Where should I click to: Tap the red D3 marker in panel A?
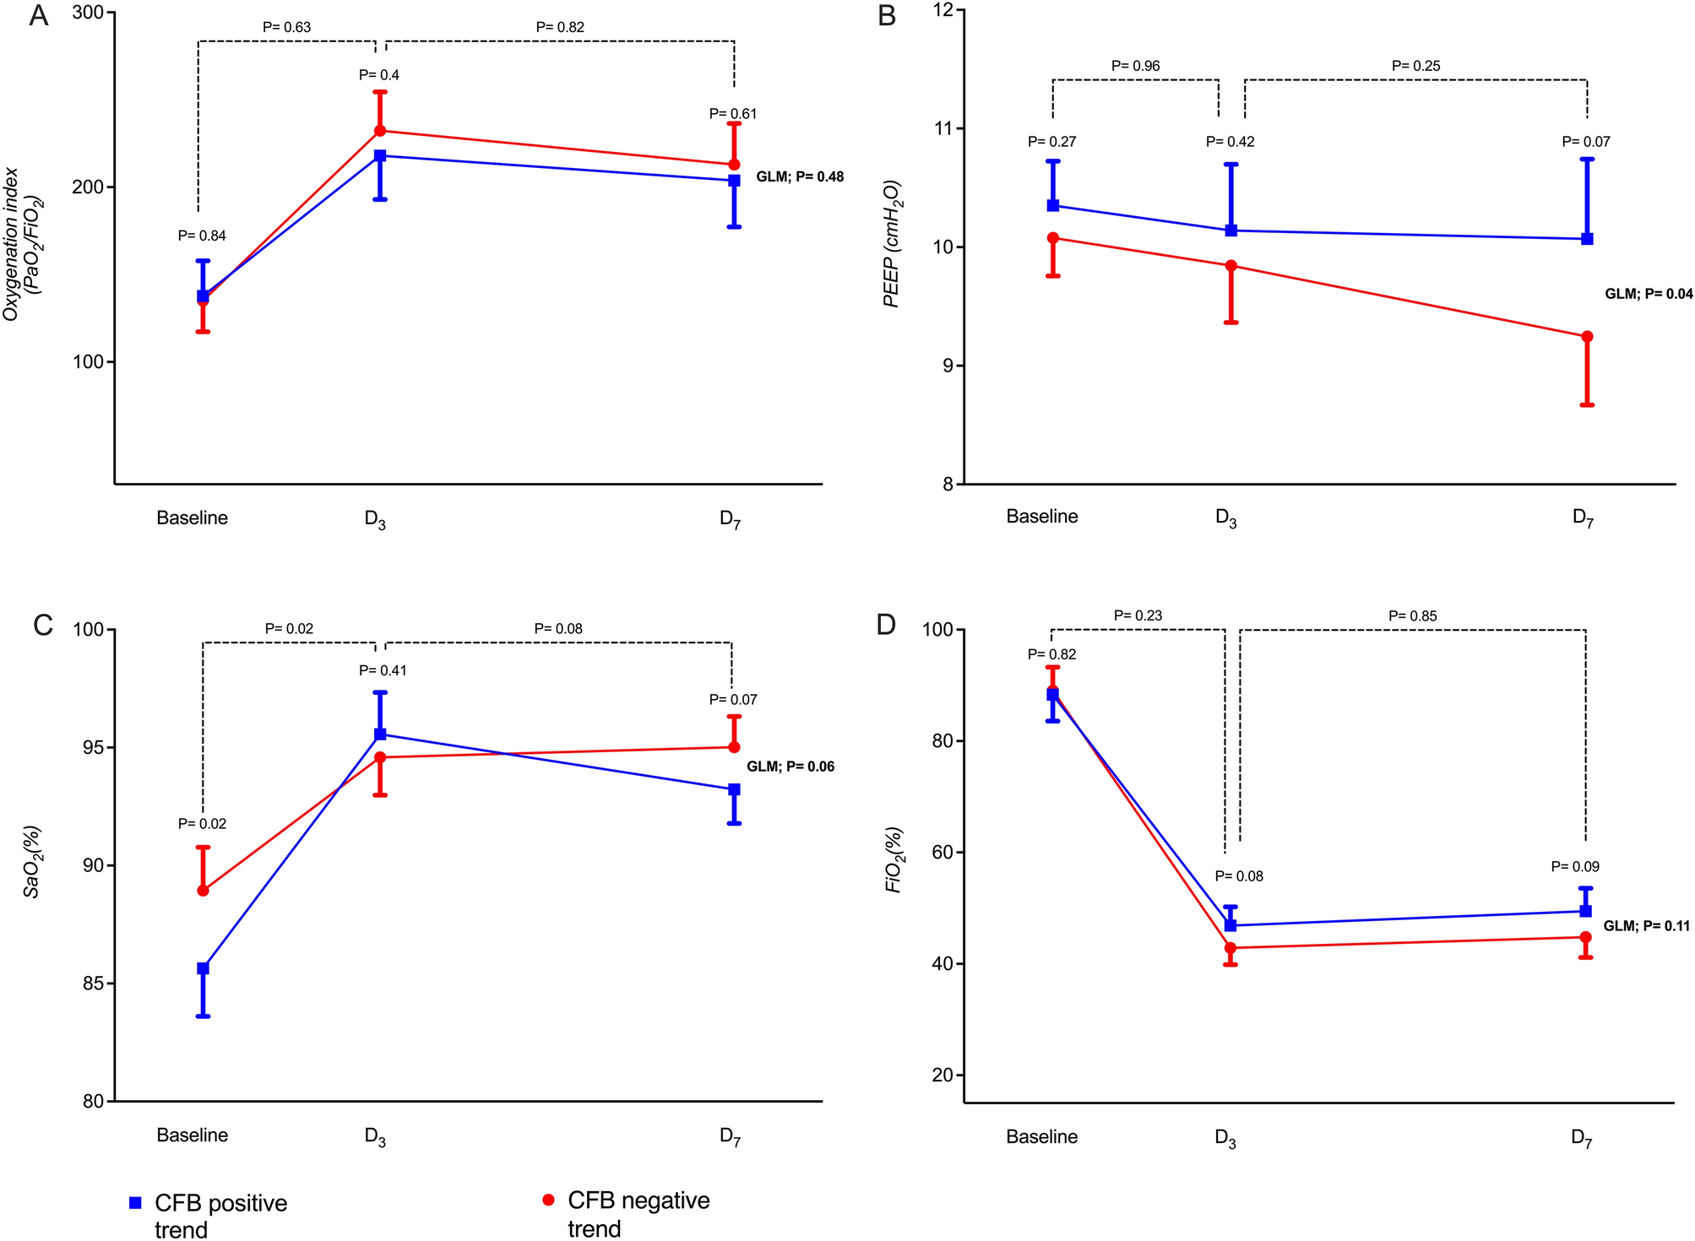[x=380, y=131]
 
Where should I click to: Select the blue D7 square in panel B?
[x=1587, y=239]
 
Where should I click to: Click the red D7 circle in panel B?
[x=1587, y=337]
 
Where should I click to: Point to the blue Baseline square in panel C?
[x=203, y=968]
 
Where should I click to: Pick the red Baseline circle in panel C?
[x=203, y=891]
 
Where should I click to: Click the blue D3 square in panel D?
[x=1231, y=925]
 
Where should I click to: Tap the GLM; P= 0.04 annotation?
[x=1648, y=294]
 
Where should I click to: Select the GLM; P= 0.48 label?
[x=799, y=177]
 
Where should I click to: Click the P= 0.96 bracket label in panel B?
[x=1135, y=66]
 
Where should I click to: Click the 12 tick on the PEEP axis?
[x=942, y=10]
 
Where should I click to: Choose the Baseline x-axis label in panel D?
[x=1041, y=1136]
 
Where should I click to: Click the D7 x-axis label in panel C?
[x=731, y=1136]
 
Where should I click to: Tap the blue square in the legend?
[x=135, y=1203]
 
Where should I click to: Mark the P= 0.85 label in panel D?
[x=1412, y=616]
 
